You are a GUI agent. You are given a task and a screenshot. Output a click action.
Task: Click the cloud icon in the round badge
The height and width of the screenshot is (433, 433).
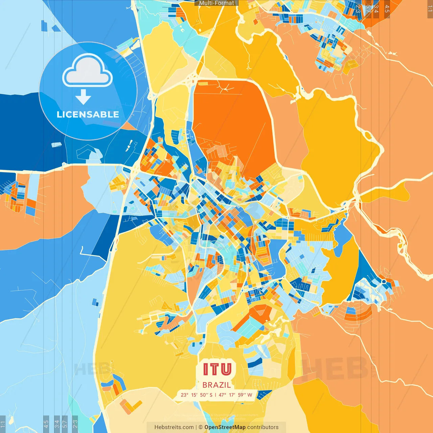tap(88, 71)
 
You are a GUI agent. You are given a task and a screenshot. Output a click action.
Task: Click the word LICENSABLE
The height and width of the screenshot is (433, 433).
tap(88, 114)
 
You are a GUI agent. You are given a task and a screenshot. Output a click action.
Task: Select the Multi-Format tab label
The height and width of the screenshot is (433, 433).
tap(216, 3)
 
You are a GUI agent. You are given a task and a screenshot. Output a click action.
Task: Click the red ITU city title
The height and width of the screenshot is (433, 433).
tap(218, 369)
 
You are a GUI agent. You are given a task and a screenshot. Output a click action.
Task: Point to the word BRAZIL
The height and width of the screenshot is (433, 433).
tap(217, 385)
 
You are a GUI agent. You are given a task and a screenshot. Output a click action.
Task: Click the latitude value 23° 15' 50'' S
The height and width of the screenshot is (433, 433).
tap(197, 395)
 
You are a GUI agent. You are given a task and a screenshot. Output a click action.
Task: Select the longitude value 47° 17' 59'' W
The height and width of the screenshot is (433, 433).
tap(235, 395)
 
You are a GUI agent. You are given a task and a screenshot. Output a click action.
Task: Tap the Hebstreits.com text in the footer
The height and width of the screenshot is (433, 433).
tap(174, 427)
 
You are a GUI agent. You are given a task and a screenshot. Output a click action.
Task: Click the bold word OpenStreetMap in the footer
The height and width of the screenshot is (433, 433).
tap(225, 427)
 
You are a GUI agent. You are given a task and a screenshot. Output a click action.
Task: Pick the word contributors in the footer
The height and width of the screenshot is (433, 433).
tap(263, 427)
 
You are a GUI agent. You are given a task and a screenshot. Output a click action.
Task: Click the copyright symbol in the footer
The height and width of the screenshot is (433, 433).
tap(200, 427)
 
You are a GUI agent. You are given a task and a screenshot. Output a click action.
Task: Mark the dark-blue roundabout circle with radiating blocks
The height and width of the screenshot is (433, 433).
tap(384, 281)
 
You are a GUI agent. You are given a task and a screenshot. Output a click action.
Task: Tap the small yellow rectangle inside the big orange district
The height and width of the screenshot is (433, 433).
tap(351, 64)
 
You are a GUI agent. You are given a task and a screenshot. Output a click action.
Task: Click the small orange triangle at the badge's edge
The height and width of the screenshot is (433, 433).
tap(129, 127)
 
